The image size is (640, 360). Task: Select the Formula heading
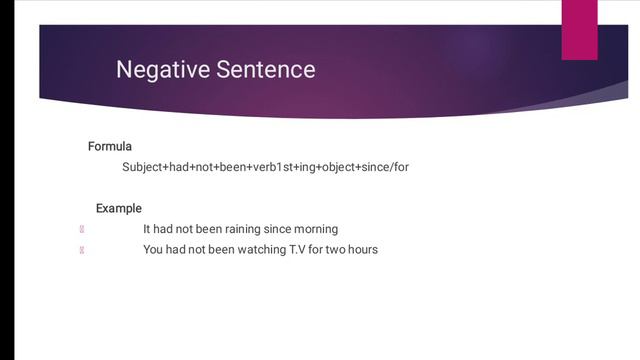(x=110, y=147)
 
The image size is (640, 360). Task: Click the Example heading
(x=119, y=209)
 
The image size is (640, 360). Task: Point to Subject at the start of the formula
(x=143, y=167)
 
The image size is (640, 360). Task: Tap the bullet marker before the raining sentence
(x=81, y=229)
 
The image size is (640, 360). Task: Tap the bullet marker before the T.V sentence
(x=81, y=249)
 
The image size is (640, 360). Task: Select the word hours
(x=361, y=249)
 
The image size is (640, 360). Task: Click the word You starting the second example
(x=153, y=249)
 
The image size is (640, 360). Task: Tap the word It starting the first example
(x=147, y=229)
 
